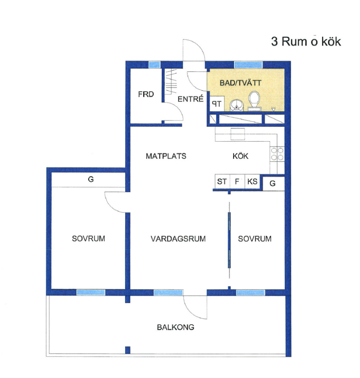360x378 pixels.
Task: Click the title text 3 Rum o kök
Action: pos(306,42)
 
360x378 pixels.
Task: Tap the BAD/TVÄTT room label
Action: pos(240,83)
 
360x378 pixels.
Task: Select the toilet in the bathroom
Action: pos(255,101)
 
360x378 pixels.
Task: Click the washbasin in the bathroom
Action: pos(237,105)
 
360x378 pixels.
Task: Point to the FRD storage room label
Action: pos(146,94)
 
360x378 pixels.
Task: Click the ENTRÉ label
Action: pos(190,99)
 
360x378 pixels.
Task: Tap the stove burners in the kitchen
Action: pos(277,154)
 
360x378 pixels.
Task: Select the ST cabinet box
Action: pos(222,181)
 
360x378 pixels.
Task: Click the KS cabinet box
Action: pos(252,181)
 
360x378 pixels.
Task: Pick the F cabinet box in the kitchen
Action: pos(237,181)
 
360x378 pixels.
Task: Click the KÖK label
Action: pos(240,156)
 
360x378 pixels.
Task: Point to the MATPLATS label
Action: pos(166,156)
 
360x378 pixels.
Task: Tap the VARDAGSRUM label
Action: pos(178,239)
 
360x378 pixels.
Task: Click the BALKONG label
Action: pos(176,327)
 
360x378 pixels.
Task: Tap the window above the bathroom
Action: pos(248,65)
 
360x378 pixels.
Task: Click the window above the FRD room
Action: pos(154,65)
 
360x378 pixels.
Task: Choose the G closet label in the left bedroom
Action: pos(91,179)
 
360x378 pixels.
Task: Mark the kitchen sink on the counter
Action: pos(238,134)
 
